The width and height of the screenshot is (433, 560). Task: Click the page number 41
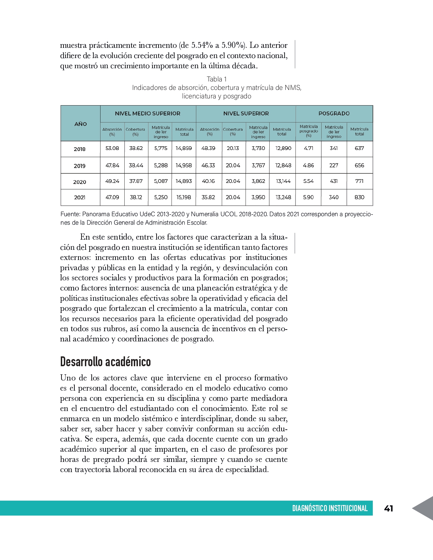click(389, 508)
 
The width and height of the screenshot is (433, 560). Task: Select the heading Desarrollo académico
click(105, 362)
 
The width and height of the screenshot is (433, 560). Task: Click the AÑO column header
click(80, 124)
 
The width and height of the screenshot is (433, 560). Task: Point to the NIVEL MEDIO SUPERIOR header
click(148, 113)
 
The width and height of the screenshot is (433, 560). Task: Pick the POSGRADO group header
click(334, 113)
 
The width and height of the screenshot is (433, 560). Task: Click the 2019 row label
click(79, 166)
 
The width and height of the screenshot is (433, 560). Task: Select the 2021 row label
click(79, 198)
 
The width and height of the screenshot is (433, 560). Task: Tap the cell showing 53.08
click(112, 148)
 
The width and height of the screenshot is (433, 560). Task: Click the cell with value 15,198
click(184, 197)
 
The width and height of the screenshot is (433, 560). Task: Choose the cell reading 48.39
click(208, 148)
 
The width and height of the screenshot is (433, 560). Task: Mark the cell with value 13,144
click(283, 181)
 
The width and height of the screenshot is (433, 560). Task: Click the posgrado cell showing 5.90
click(308, 197)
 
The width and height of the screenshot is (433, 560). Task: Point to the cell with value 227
click(334, 165)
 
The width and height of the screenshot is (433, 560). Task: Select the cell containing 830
click(359, 197)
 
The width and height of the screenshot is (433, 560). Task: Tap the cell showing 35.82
click(208, 197)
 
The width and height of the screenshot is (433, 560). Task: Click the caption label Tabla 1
click(217, 79)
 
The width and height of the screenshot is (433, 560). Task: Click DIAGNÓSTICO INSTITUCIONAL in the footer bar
click(330, 508)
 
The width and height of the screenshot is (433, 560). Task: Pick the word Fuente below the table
click(70, 214)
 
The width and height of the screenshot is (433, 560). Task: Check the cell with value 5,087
click(161, 181)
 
